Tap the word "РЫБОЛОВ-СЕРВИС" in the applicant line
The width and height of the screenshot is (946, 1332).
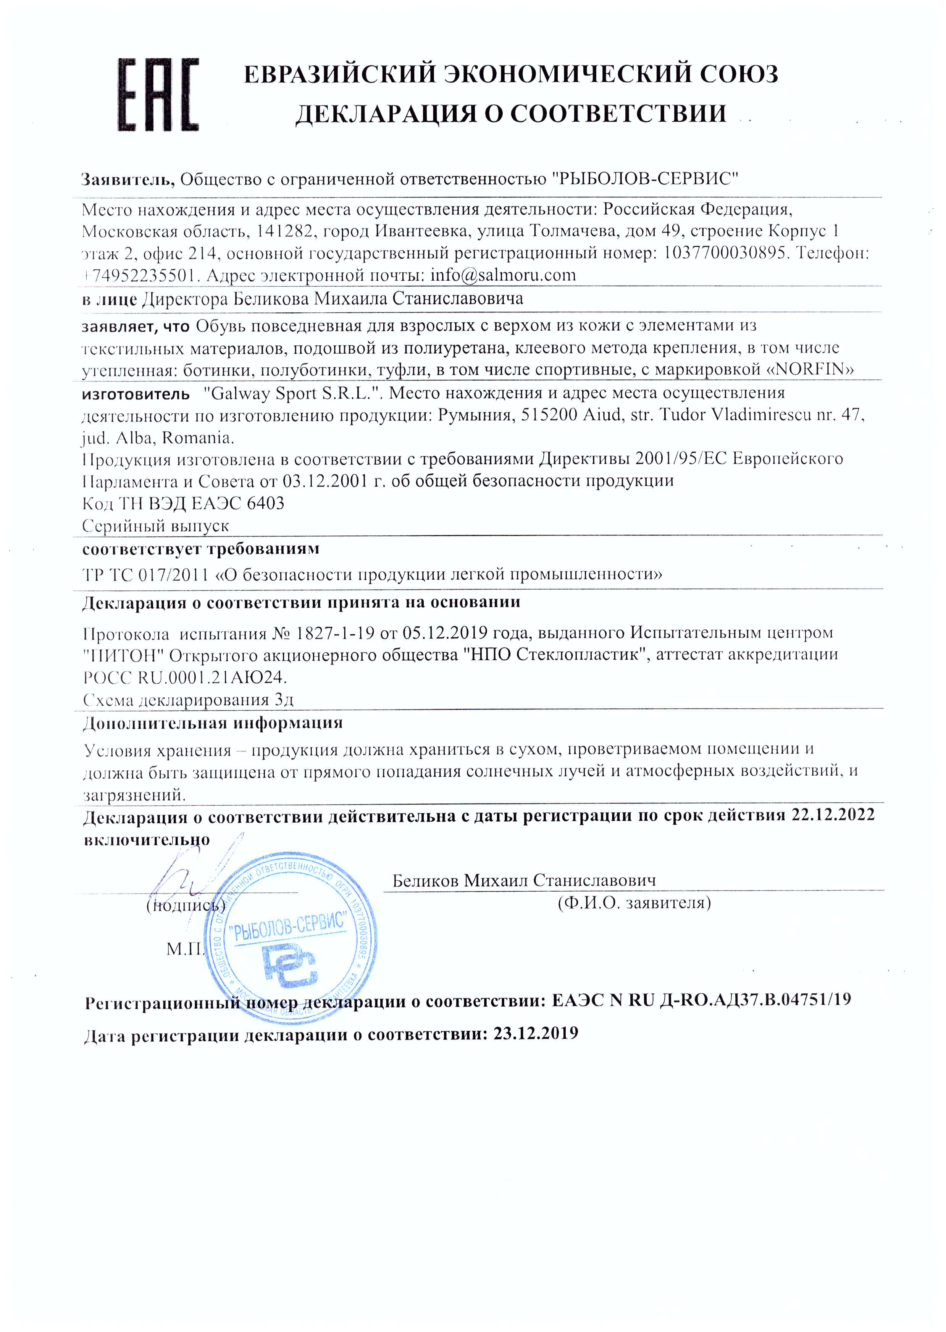point(644,178)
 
